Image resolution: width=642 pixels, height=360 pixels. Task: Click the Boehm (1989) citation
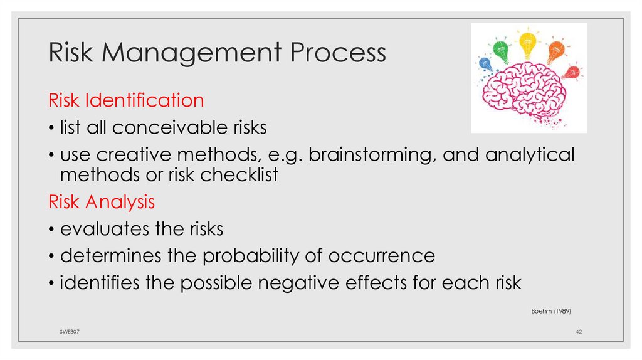tap(551, 310)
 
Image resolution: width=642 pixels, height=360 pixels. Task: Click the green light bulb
tap(502, 50)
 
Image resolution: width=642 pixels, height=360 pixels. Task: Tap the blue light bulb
tap(485, 63)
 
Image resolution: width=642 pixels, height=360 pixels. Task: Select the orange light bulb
tap(555, 52)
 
